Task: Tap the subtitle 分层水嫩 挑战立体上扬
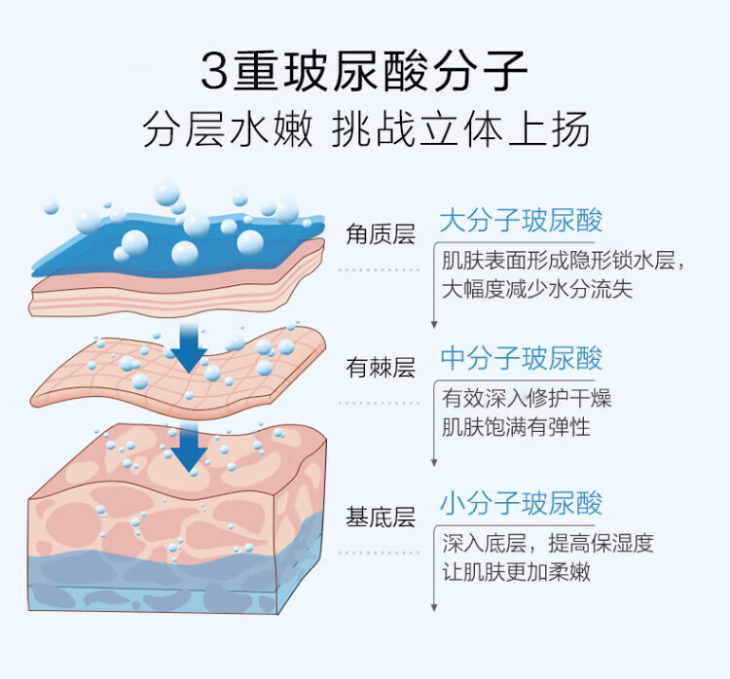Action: [365, 129]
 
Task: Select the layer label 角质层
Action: [381, 234]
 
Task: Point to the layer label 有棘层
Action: [381, 369]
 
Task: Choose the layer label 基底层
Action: [381, 517]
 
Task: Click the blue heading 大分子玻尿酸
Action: [521, 221]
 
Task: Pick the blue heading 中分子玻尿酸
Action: [521, 359]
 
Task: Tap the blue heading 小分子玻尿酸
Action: [521, 504]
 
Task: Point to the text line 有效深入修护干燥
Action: [527, 399]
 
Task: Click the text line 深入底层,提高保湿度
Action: [547, 544]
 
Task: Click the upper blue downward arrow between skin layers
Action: [188, 342]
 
